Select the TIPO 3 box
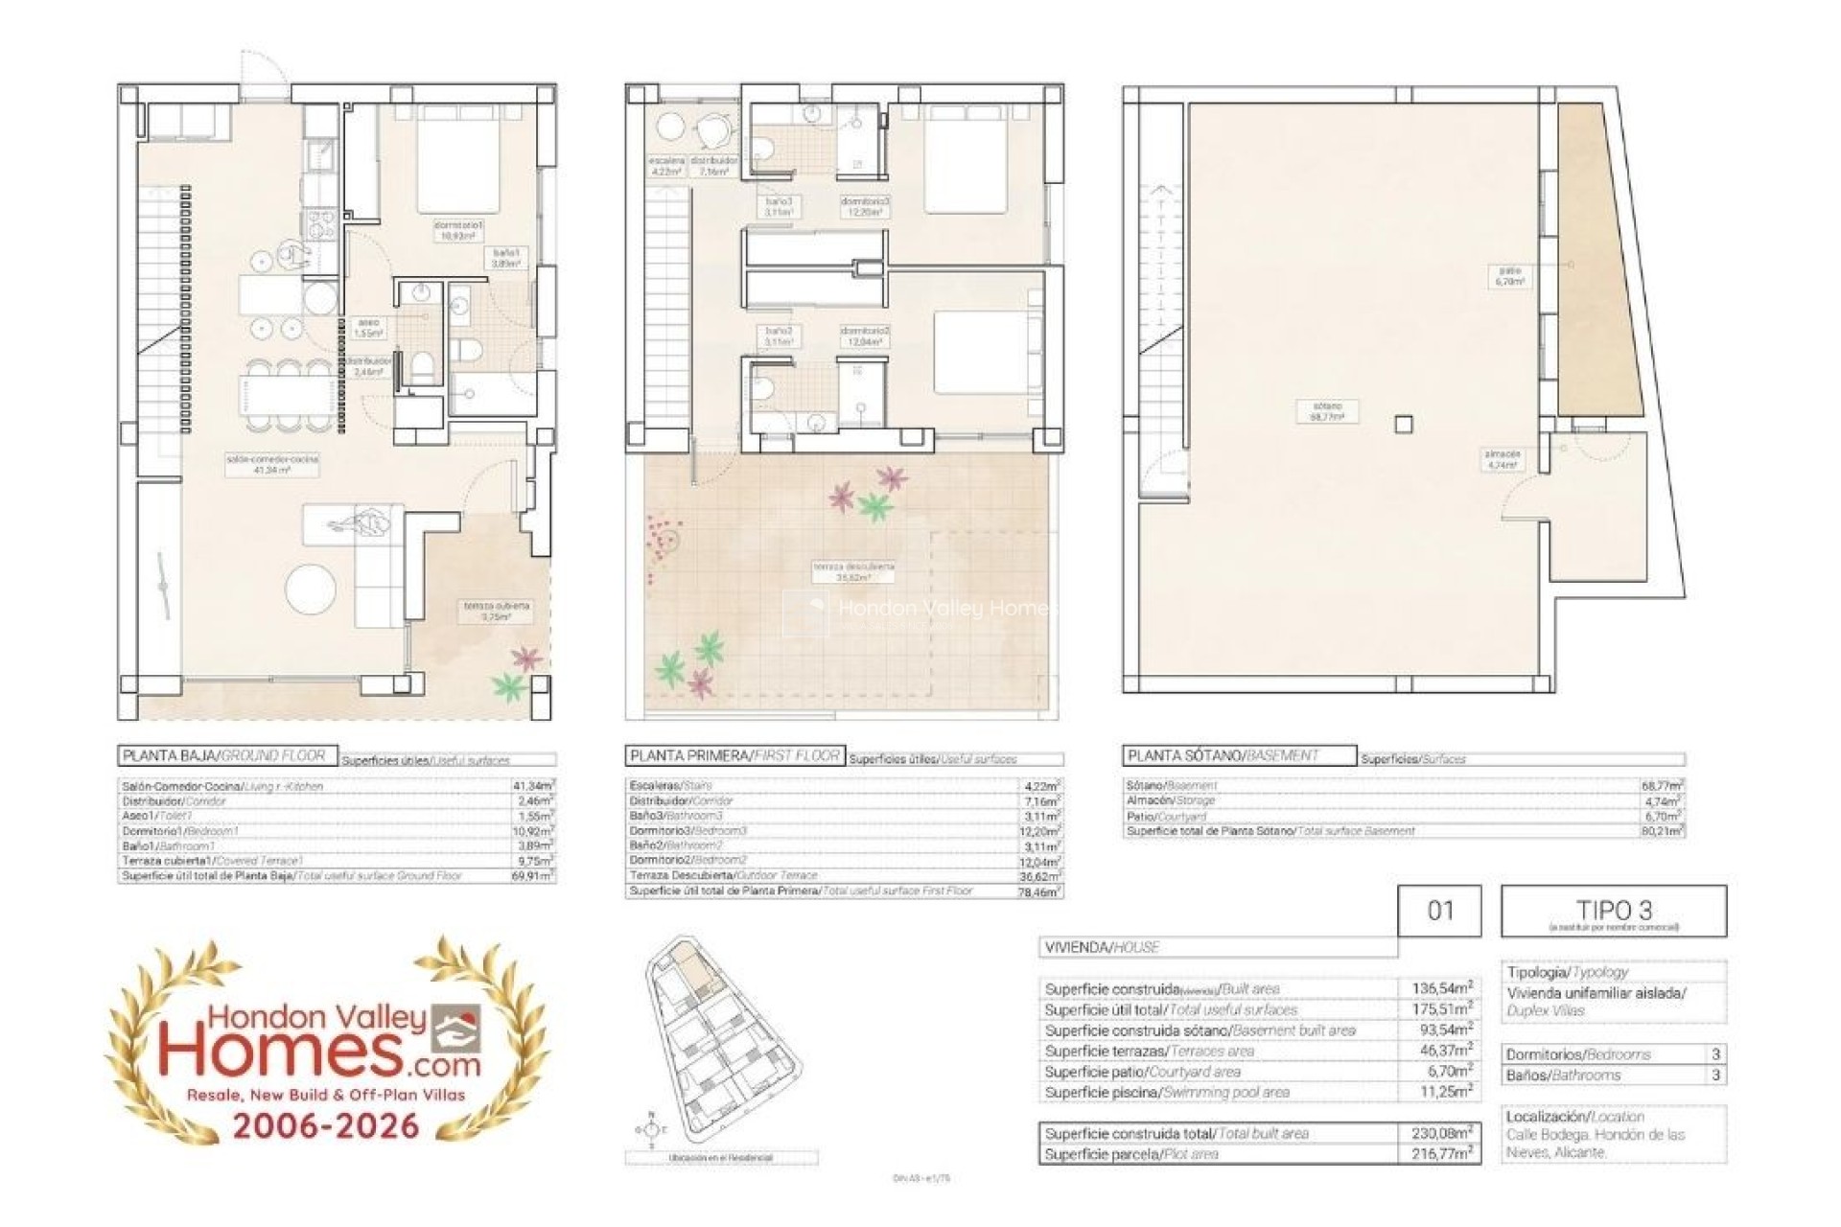pyautogui.click(x=1613, y=911)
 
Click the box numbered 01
pyautogui.click(x=1439, y=911)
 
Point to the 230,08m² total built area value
pyautogui.click(x=1442, y=1133)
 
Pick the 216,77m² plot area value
pyautogui.click(x=1442, y=1154)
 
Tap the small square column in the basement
pyautogui.click(x=1403, y=424)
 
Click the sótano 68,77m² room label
pyautogui.click(x=1327, y=411)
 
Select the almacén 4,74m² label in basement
pyautogui.click(x=1503, y=459)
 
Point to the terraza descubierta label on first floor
pyautogui.click(x=853, y=571)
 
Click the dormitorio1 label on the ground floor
pyautogui.click(x=459, y=229)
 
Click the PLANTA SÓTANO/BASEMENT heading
pyautogui.click(x=1239, y=755)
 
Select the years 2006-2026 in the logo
pyautogui.click(x=326, y=1124)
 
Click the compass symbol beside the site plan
pyautogui.click(x=651, y=1131)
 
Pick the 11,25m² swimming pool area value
pyautogui.click(x=1442, y=1092)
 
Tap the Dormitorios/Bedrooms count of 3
pyautogui.click(x=1715, y=1053)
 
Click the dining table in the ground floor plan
pyautogui.click(x=288, y=395)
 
